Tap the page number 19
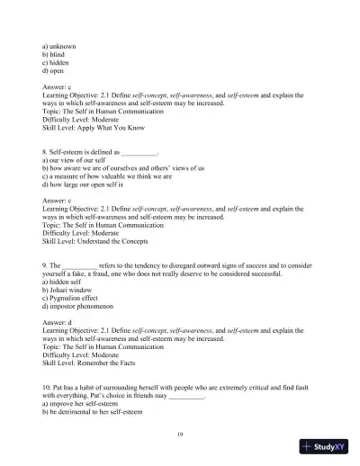pyautogui.click(x=180, y=434)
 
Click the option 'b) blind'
pyautogui.click(x=55, y=52)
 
